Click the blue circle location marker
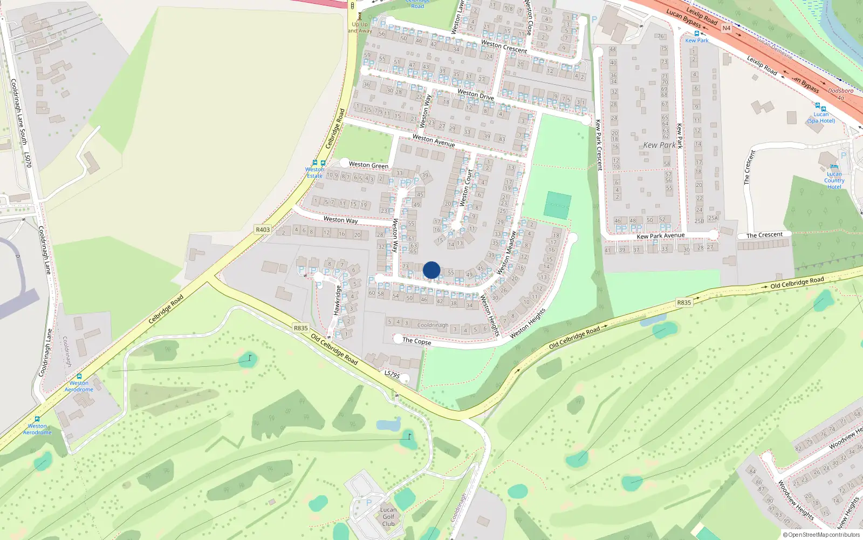(432, 270)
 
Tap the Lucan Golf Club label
(388, 517)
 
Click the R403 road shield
(263, 230)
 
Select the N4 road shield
(726, 28)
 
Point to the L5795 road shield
(392, 374)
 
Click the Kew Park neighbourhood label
(659, 145)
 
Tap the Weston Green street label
(368, 165)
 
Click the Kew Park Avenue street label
(660, 236)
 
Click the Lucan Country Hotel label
(834, 180)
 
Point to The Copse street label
(416, 341)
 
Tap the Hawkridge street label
(338, 300)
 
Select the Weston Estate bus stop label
(314, 172)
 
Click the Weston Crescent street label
(504, 46)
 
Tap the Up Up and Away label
(360, 28)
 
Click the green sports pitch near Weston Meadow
(557, 205)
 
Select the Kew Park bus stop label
(697, 40)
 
